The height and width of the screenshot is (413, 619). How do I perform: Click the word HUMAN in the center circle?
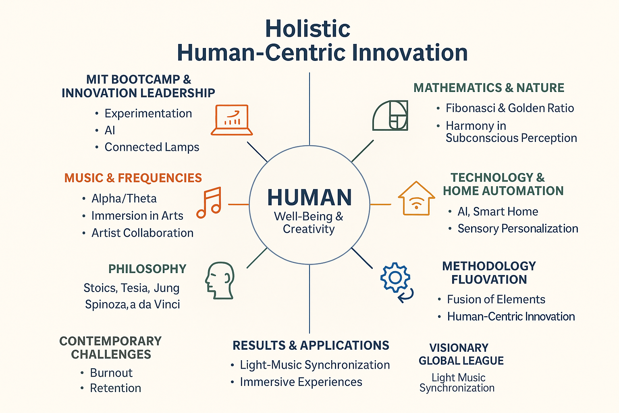[309, 197]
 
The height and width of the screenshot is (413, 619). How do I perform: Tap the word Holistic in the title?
[308, 29]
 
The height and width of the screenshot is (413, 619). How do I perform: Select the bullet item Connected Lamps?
[152, 147]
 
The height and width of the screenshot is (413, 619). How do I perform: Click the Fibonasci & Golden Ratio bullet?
[510, 108]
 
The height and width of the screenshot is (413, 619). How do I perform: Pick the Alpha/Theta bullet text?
[124, 198]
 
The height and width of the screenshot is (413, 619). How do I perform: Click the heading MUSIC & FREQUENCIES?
[133, 178]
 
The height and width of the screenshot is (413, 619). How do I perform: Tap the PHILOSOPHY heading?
[147, 269]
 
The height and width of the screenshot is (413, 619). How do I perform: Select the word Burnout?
[111, 373]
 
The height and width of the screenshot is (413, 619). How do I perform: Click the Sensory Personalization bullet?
[518, 229]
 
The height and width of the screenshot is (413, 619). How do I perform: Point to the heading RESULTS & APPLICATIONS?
[311, 345]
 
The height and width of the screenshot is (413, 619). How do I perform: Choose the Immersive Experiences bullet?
[301, 382]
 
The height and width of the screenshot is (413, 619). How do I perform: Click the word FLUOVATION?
[489, 280]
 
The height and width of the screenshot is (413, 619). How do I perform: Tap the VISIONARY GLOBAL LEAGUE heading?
[461, 354]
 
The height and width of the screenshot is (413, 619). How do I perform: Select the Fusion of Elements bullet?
[496, 299]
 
